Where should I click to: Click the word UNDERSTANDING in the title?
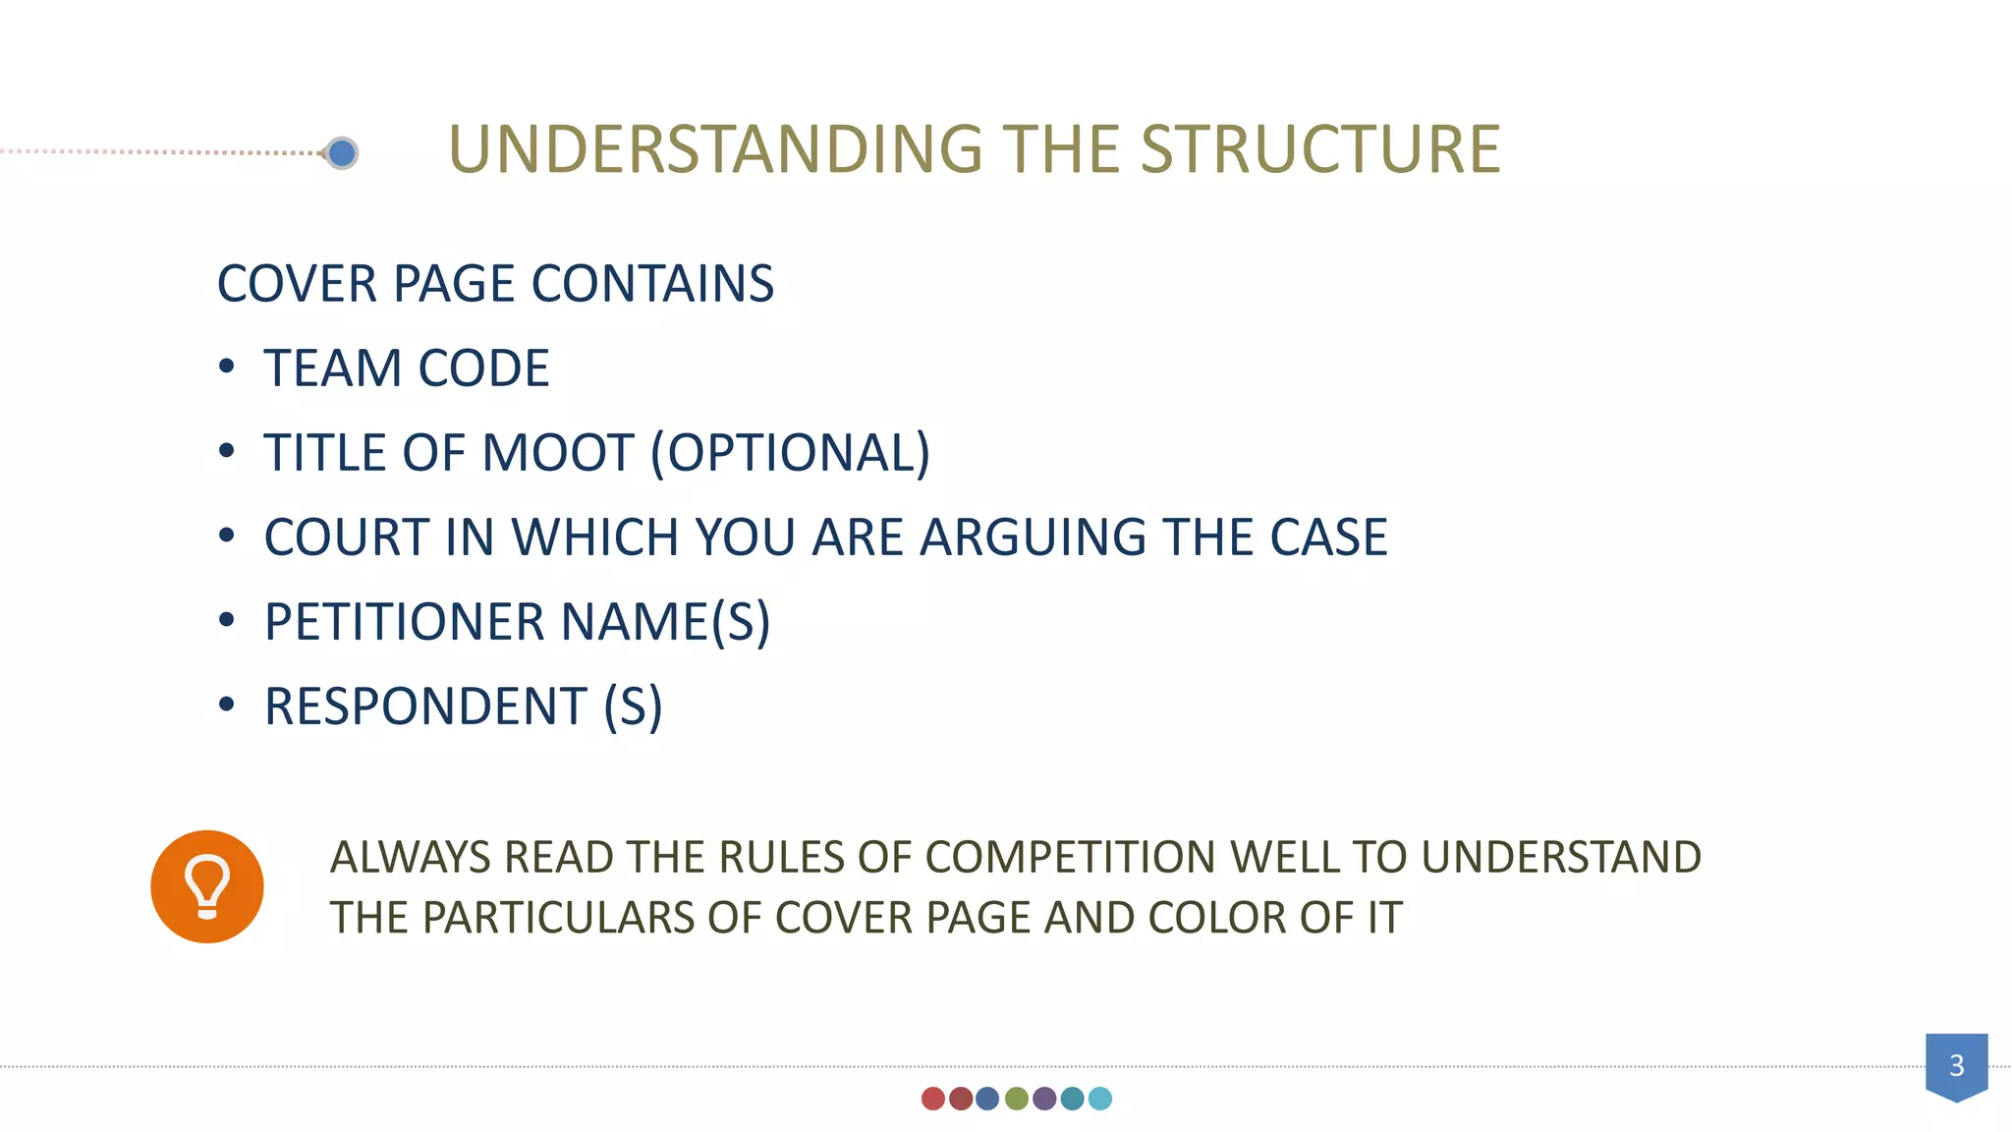[715, 150]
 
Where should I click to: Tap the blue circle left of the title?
[342, 153]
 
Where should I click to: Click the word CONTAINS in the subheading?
[652, 284]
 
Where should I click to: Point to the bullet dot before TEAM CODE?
[227, 368]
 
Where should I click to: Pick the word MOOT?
[557, 453]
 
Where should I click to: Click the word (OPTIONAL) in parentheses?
[790, 453]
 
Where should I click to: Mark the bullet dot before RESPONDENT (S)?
[227, 705]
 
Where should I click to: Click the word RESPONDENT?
[425, 707]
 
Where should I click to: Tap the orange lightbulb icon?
[207, 886]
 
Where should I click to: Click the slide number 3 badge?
[1956, 1065]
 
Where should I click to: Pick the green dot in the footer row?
[1017, 1099]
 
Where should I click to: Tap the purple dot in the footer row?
[1044, 1099]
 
